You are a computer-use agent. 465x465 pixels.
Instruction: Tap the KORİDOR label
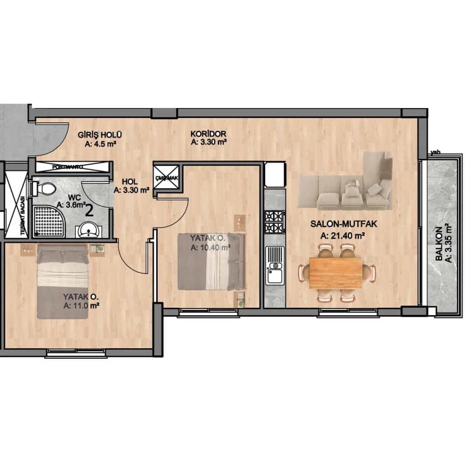(x=208, y=134)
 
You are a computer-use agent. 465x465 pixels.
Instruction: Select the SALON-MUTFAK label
(x=338, y=224)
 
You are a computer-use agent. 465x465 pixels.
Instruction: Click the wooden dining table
(x=336, y=272)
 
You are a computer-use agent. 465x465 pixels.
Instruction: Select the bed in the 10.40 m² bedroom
(x=211, y=262)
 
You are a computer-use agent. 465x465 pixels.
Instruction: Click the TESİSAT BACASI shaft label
(x=22, y=217)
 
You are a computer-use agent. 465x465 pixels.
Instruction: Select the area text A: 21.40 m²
(x=343, y=236)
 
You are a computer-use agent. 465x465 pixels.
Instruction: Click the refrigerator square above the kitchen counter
(x=275, y=175)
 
